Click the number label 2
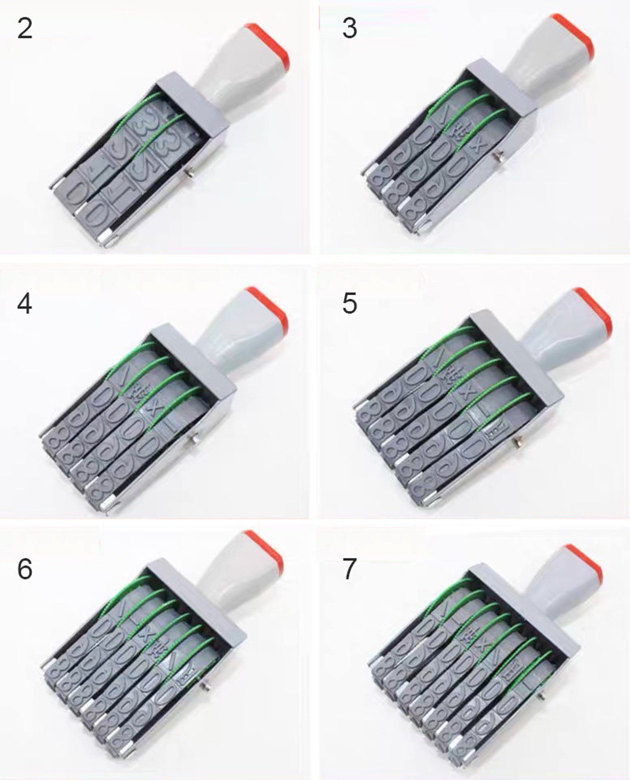pos(25,29)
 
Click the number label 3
pos(349,29)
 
